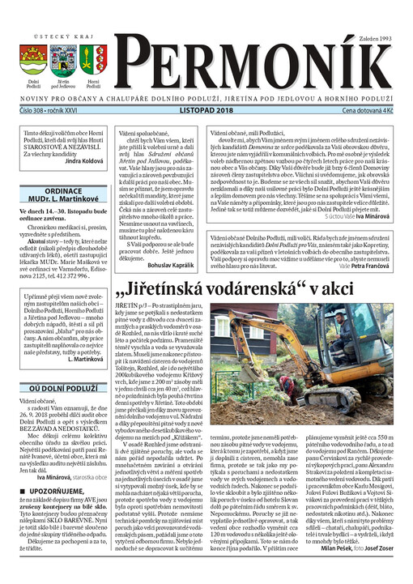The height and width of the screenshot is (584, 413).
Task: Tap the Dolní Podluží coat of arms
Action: [34, 59]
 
